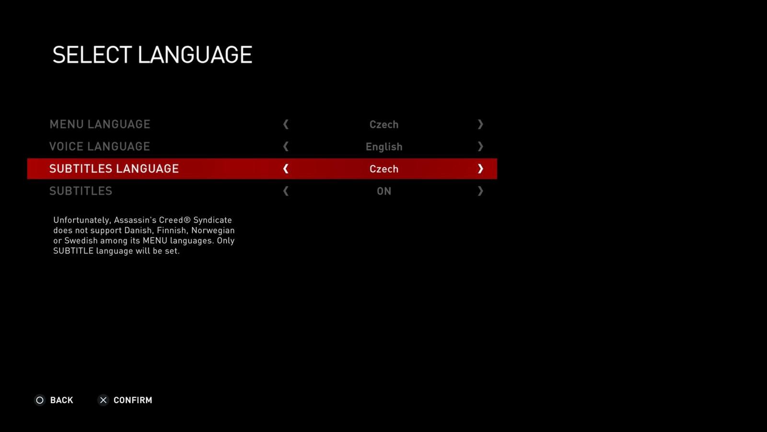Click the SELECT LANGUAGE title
[152, 55]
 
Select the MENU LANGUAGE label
[100, 124]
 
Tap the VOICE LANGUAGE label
[100, 146]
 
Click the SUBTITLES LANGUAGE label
[114, 168]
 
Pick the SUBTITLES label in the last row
[81, 191]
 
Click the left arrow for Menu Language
[286, 124]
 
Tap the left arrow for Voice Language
[286, 146]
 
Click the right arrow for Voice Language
[480, 146]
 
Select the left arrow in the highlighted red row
[286, 168]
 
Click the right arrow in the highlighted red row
[480, 168]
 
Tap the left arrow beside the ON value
[286, 191]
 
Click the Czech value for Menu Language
[384, 124]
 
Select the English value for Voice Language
[384, 147]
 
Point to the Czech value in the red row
[384, 169]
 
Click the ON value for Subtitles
[384, 192]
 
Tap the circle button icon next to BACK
[40, 400]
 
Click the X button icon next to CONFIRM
[103, 400]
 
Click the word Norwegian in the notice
[213, 230]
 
